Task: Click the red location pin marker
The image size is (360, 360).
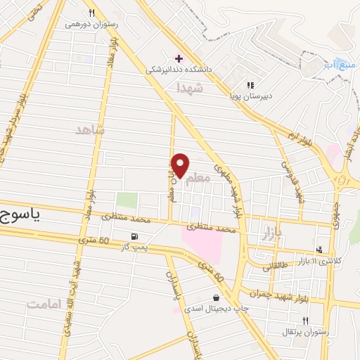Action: click(181, 166)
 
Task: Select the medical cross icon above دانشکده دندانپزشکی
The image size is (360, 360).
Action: click(179, 58)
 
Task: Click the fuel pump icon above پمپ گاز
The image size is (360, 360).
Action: click(134, 236)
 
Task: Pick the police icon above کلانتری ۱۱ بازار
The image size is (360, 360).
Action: click(320, 249)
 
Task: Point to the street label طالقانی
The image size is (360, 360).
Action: click(277, 268)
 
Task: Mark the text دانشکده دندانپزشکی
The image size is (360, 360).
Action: click(179, 70)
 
